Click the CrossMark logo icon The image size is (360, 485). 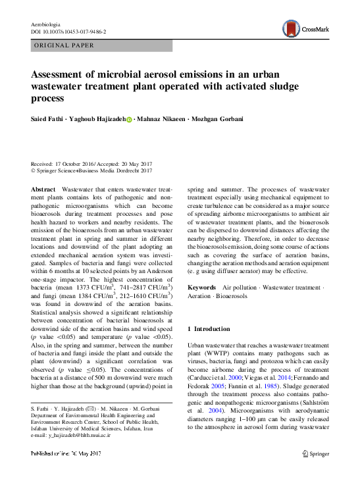[x=291, y=28]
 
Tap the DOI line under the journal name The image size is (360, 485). [x=68, y=31]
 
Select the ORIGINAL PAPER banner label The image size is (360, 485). [x=63, y=45]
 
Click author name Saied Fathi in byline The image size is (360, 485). [x=47, y=119]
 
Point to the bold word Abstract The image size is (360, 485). [x=43, y=188]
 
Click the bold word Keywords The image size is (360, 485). [x=201, y=288]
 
